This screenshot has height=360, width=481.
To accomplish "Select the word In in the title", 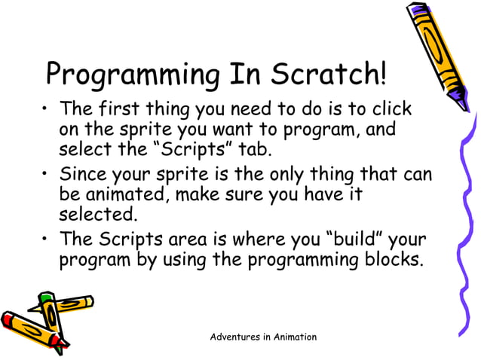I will [242, 75].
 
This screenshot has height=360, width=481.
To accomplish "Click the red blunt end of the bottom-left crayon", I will [6, 321].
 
